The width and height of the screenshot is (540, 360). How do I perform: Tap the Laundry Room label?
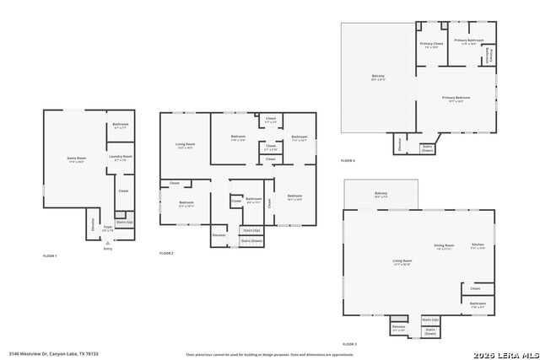pos(120,157)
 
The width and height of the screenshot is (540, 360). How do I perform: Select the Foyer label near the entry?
pos(108,228)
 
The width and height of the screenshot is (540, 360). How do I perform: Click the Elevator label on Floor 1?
pos(93,225)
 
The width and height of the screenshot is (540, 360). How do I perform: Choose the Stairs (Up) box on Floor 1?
pos(123,223)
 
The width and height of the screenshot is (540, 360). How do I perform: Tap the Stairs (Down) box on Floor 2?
pos(251,241)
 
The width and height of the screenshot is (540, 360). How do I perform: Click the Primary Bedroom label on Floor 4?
pos(456,99)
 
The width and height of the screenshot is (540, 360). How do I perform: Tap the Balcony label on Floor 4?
pos(378,77)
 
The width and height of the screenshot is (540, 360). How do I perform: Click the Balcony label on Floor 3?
pos(381,195)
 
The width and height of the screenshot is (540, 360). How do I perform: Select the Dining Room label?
pos(444,247)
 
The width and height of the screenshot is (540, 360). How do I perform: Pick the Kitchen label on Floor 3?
pos(478,247)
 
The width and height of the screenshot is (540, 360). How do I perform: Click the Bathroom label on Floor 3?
pos(478,304)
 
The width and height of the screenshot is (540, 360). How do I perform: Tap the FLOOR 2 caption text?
pos(166,254)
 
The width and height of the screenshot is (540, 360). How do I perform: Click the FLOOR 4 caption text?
pos(348,161)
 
